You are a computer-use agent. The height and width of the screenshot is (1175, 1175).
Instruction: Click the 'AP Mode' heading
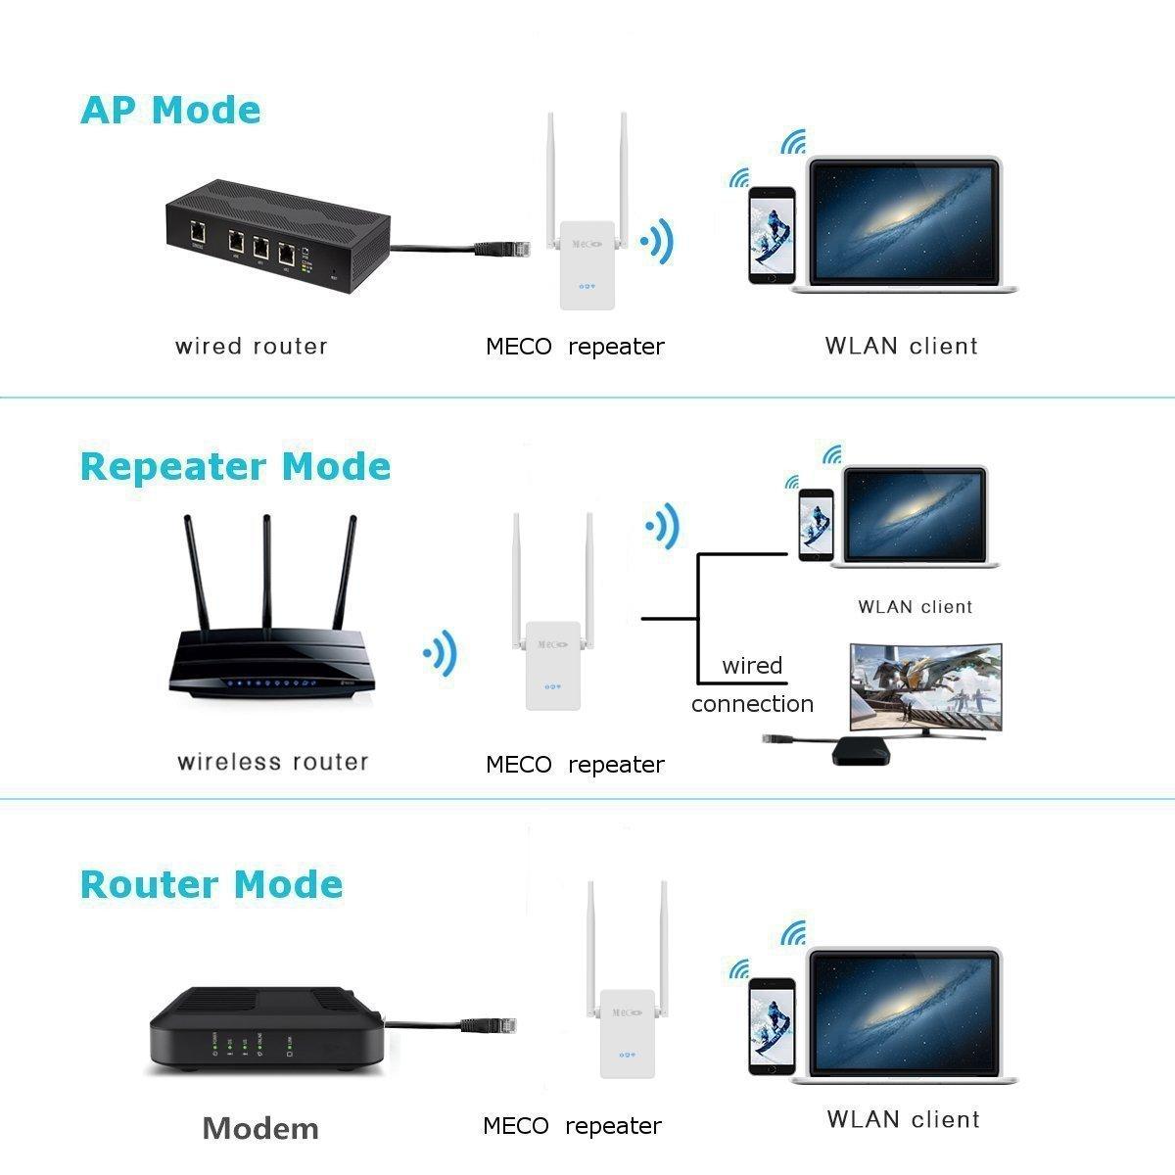pyautogui.click(x=170, y=110)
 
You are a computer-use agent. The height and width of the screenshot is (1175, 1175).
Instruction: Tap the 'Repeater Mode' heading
pyautogui.click(x=235, y=466)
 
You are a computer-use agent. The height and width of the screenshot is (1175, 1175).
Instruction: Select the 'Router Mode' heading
pyautogui.click(x=211, y=883)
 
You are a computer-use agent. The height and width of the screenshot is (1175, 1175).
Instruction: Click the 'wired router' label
pyautogui.click(x=251, y=346)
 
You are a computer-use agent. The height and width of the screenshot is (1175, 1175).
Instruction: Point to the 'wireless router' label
pyautogui.click(x=273, y=762)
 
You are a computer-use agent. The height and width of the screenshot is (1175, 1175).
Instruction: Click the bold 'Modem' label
pyautogui.click(x=260, y=1128)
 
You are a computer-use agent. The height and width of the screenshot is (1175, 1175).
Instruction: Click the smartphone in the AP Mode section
pyautogui.click(x=771, y=235)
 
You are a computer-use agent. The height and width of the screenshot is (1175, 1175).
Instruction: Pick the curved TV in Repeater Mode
pyautogui.click(x=926, y=685)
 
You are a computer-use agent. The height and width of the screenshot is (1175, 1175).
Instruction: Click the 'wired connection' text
pyautogui.click(x=752, y=684)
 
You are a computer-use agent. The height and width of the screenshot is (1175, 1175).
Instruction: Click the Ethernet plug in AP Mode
pyautogui.click(x=499, y=248)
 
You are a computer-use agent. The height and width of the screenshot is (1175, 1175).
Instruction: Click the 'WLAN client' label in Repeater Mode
pyautogui.click(x=915, y=607)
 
